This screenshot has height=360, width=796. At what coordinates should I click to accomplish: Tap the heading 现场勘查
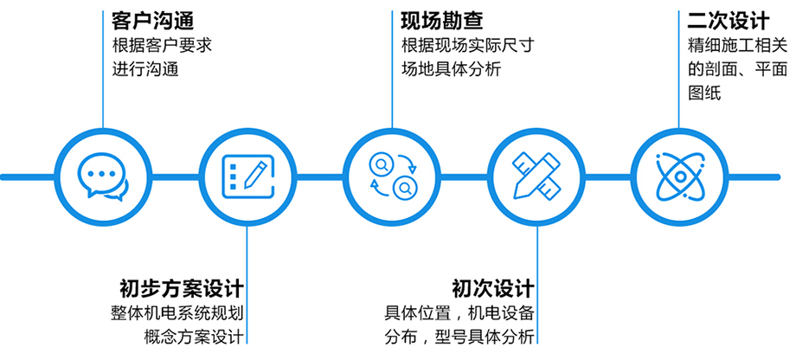click(441, 19)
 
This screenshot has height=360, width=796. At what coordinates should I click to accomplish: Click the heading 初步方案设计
click(181, 287)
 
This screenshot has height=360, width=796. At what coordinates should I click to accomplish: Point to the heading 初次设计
click(492, 287)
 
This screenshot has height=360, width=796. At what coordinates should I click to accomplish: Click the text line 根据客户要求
click(162, 46)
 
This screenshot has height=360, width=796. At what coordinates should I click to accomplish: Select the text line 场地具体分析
click(451, 70)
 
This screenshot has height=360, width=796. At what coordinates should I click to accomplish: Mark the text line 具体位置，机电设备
click(459, 312)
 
